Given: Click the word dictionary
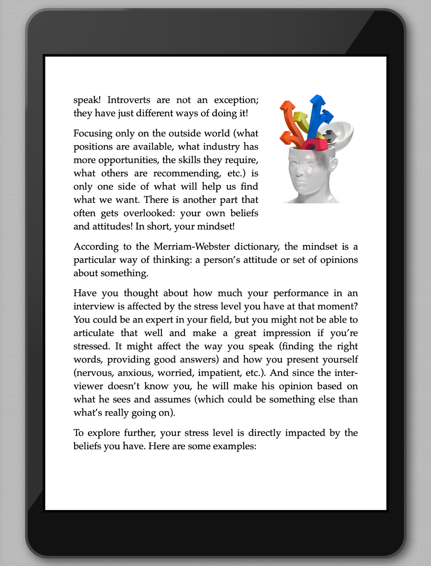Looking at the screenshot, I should coord(256,246).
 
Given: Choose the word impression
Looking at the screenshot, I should coord(287,333).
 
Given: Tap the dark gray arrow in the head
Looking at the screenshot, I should coord(330,136).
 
